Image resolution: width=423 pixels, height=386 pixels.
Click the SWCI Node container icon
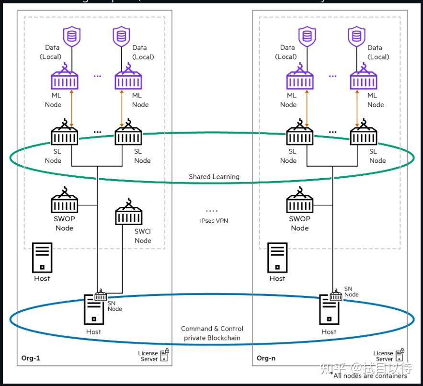coord(128,214)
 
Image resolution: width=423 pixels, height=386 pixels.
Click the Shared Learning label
coord(214,177)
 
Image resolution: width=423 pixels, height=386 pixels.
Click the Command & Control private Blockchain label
coord(212,333)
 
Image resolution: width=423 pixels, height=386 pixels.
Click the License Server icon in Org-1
coord(164,355)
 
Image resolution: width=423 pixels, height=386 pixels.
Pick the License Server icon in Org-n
coord(400,355)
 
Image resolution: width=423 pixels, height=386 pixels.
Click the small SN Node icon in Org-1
coord(101,296)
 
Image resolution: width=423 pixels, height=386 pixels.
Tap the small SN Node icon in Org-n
coord(336,296)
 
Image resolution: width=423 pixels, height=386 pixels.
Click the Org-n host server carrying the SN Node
coord(329,311)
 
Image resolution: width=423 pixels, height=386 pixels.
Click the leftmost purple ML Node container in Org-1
coord(64,79)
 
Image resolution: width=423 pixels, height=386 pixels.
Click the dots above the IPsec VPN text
coord(212,211)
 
